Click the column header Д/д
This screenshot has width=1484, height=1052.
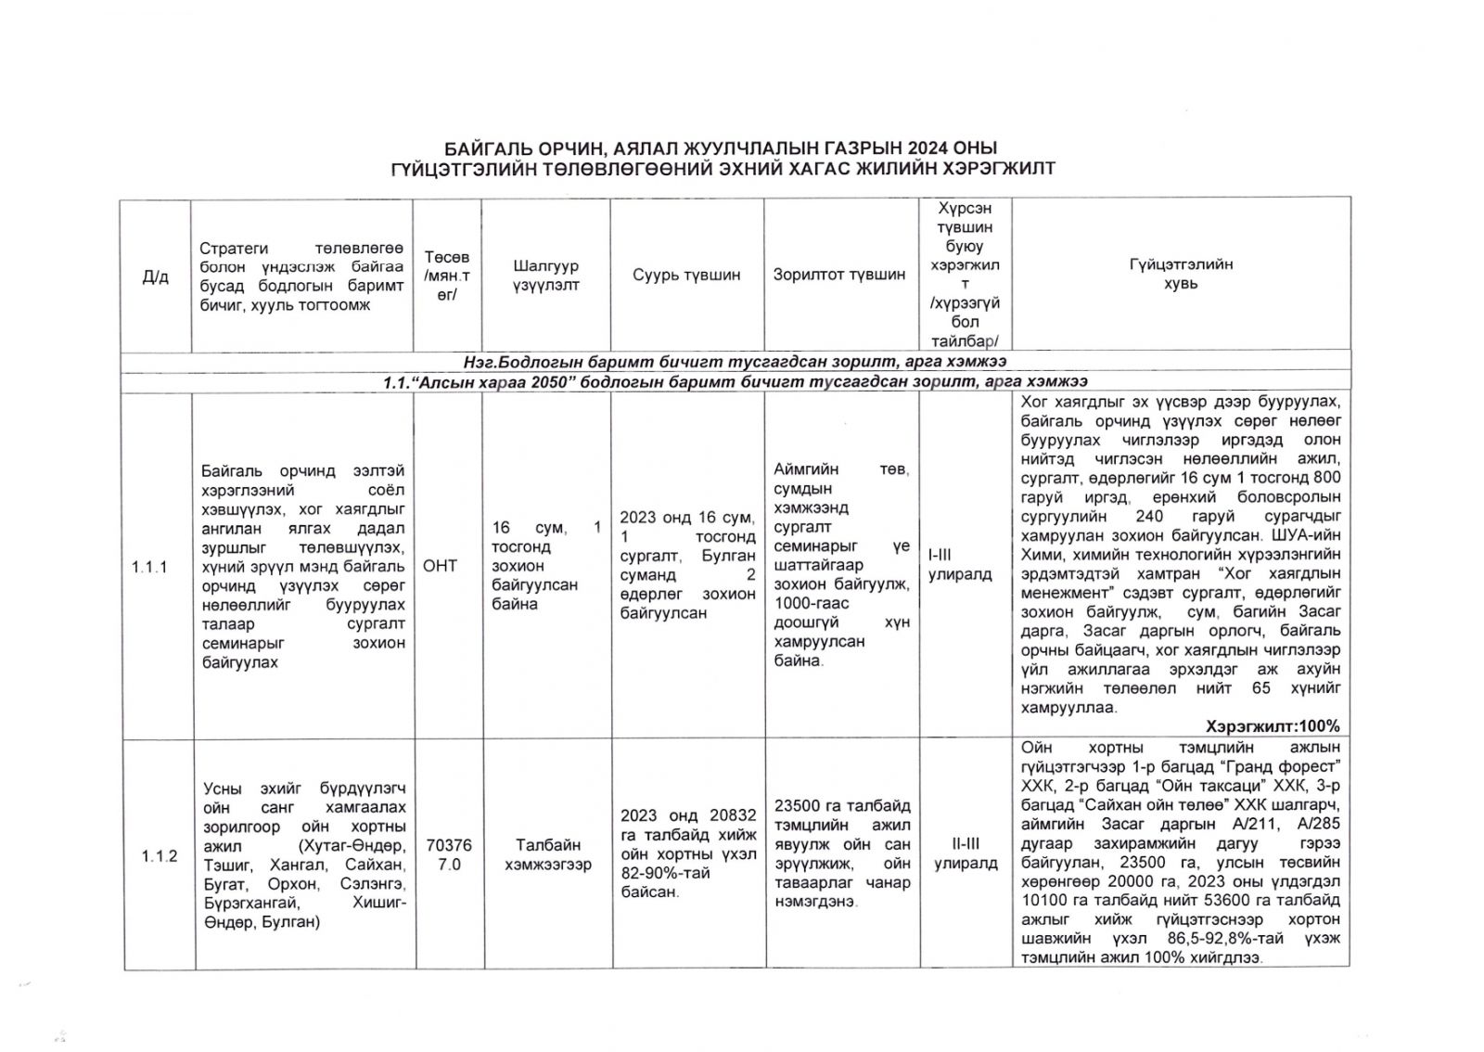click(155, 276)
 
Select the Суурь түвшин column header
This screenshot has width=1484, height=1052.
click(686, 275)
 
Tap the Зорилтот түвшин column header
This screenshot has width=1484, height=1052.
click(839, 275)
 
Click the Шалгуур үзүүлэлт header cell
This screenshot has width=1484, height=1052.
click(546, 276)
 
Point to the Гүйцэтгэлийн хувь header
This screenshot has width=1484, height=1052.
click(1181, 275)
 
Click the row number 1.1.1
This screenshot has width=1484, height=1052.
click(149, 567)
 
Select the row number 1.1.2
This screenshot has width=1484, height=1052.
click(160, 855)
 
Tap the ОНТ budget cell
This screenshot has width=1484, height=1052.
click(440, 566)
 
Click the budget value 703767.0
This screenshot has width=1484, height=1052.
click(449, 854)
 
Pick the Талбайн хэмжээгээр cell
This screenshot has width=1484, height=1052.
click(548, 854)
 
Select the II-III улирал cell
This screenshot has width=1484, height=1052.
click(966, 853)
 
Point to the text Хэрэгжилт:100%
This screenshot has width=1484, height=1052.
click(1273, 726)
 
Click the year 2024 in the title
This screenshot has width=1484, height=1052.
click(928, 148)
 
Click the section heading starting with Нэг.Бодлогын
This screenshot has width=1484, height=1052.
click(735, 361)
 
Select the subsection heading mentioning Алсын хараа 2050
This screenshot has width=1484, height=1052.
click(735, 381)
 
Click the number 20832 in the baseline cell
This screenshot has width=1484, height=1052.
click(732, 815)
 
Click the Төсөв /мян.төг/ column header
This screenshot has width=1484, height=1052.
click(447, 276)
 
